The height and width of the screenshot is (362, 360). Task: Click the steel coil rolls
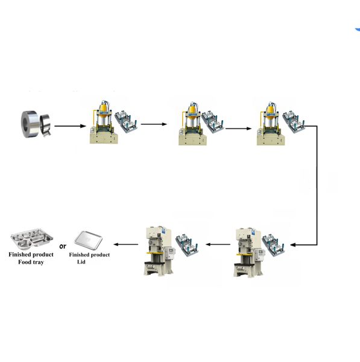(x=36, y=124)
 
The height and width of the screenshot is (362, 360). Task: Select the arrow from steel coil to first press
(x=70, y=126)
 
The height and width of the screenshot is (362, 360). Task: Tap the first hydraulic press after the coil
(x=104, y=122)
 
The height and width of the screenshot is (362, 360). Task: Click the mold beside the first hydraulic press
(x=126, y=122)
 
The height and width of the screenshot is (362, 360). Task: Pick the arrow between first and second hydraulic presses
(x=154, y=124)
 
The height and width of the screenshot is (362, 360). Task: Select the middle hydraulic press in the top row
(x=192, y=124)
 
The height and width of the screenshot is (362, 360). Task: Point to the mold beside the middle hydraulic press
(x=213, y=122)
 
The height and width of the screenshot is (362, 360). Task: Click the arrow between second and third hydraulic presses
(x=238, y=129)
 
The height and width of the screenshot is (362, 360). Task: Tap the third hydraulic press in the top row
(x=271, y=124)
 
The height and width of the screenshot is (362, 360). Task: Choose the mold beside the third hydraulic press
(x=294, y=122)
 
